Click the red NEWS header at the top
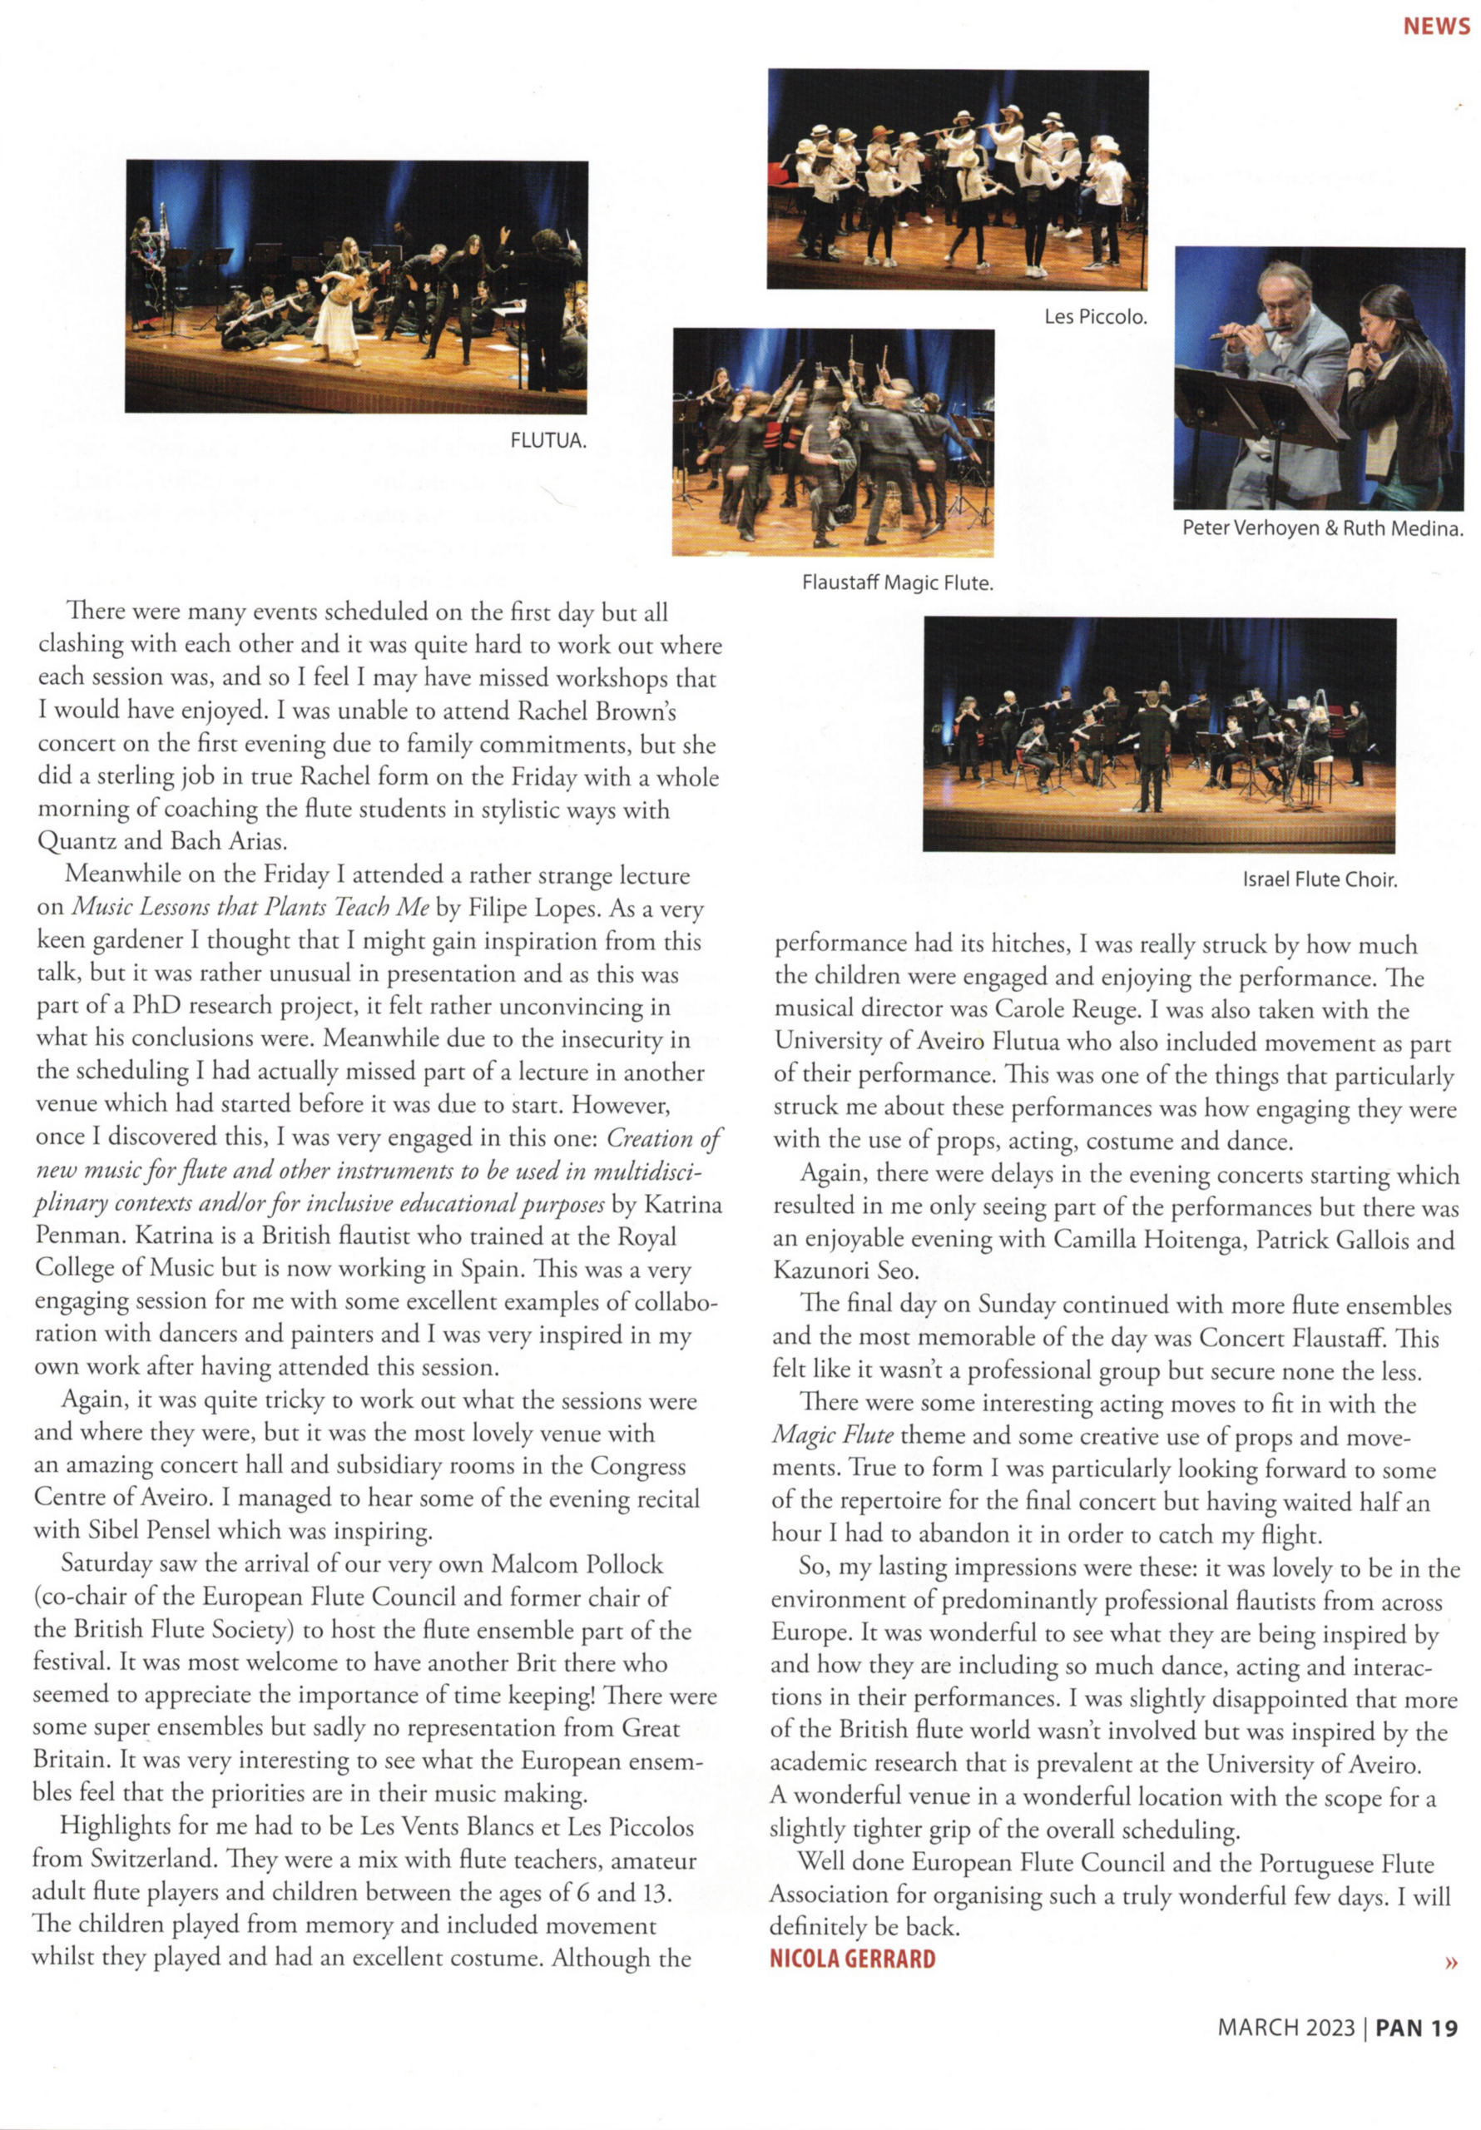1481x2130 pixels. [x=1435, y=26]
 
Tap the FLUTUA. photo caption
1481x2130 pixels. [x=548, y=440]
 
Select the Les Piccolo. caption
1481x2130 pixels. [x=1095, y=316]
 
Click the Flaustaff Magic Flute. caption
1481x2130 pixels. [x=897, y=583]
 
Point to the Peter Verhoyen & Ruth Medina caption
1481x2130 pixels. [x=1322, y=529]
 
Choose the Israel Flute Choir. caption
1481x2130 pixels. [x=1319, y=879]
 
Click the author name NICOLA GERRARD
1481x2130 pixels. [x=852, y=1959]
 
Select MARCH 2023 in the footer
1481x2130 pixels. [x=1286, y=2028]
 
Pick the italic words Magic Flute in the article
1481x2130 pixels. [x=832, y=1436]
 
